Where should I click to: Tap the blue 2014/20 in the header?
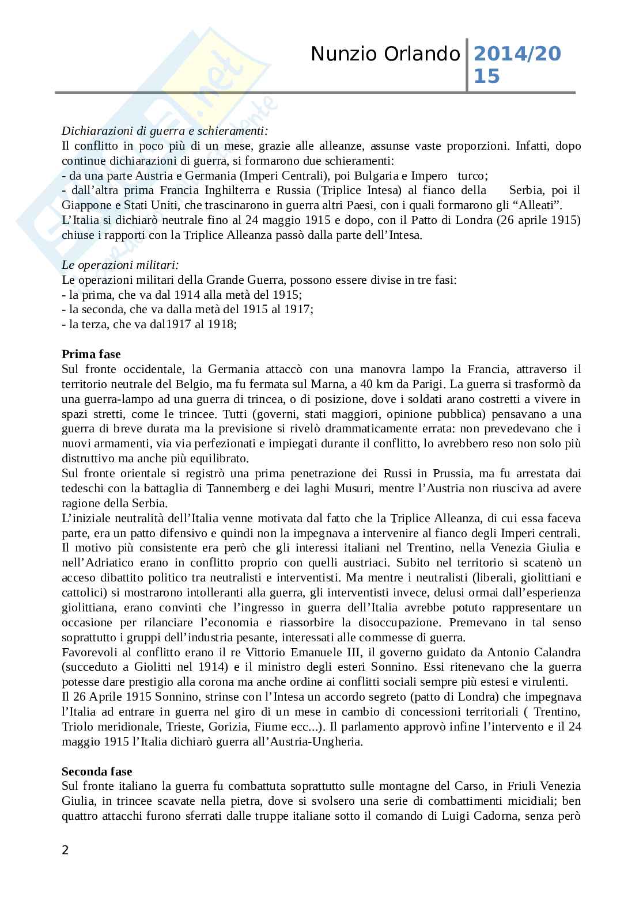pos(517,54)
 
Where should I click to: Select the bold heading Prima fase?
pos(91,354)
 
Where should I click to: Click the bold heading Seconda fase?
pos(97,771)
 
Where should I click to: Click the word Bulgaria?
pos(365,176)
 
